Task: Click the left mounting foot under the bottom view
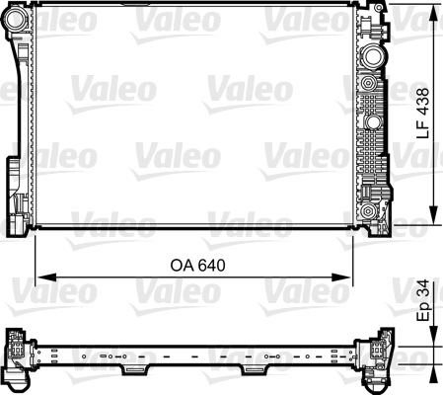pos(131,373)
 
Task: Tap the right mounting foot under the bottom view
pos(255,373)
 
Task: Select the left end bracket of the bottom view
pos(19,355)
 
